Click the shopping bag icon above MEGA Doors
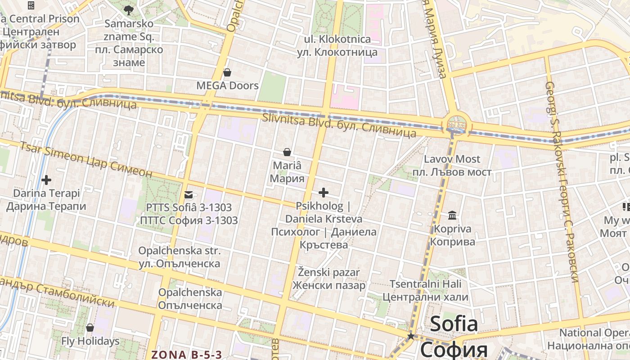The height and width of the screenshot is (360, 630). tap(227, 72)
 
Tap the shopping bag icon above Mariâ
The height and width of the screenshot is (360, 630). tap(287, 153)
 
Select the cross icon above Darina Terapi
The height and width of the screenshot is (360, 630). tap(46, 180)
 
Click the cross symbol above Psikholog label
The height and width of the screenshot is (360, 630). tap(323, 193)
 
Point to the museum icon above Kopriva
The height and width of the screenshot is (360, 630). tap(452, 216)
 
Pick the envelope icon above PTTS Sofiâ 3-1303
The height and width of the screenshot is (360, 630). tap(189, 195)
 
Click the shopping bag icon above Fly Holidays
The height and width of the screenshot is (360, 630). tap(90, 328)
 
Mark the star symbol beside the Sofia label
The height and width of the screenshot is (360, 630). tap(410, 336)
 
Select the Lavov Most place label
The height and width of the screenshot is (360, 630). tap(452, 159)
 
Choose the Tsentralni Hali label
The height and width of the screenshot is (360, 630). tap(425, 284)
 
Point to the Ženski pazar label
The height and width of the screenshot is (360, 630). tap(329, 272)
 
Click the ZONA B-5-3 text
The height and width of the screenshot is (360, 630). tap(187, 355)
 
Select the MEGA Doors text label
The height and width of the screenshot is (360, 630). tap(227, 85)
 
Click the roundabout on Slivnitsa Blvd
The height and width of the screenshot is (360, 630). tap(456, 123)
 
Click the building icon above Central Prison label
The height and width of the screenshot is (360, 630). tap(31, 5)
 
